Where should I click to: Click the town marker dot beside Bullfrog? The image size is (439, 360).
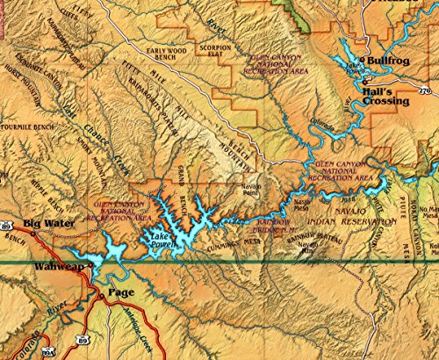364,61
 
